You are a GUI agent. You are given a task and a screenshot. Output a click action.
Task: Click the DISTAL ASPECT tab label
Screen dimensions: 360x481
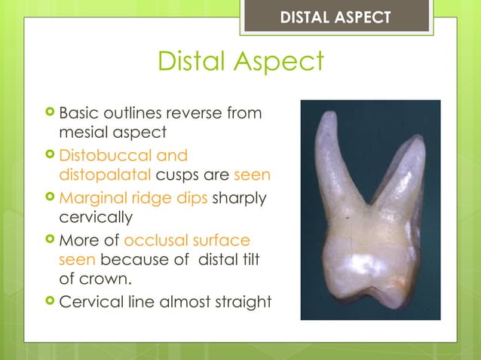point(335,17)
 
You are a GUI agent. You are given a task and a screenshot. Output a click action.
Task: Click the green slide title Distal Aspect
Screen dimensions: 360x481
point(240,62)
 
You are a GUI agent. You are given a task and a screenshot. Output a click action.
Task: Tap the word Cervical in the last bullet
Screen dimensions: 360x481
point(90,302)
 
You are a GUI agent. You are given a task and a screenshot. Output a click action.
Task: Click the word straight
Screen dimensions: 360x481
point(241,302)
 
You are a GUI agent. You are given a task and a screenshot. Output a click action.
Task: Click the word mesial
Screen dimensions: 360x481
point(84,133)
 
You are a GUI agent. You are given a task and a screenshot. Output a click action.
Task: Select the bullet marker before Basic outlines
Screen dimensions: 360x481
point(50,114)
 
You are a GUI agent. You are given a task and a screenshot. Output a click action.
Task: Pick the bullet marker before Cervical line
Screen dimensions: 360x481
point(50,302)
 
